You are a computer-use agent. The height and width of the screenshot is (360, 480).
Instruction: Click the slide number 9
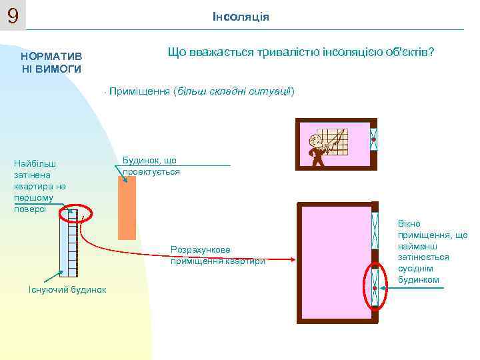(13, 15)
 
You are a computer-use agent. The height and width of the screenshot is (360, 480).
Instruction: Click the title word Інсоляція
(241, 16)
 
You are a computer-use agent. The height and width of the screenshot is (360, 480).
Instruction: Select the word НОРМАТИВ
(51, 57)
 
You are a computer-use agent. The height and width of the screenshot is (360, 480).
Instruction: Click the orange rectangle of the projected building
(127, 207)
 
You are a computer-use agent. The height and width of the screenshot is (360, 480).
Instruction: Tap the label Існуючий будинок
(67, 288)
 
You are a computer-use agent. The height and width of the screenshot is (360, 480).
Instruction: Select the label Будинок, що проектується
(151, 166)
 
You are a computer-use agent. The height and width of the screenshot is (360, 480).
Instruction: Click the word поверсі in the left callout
(30, 209)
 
